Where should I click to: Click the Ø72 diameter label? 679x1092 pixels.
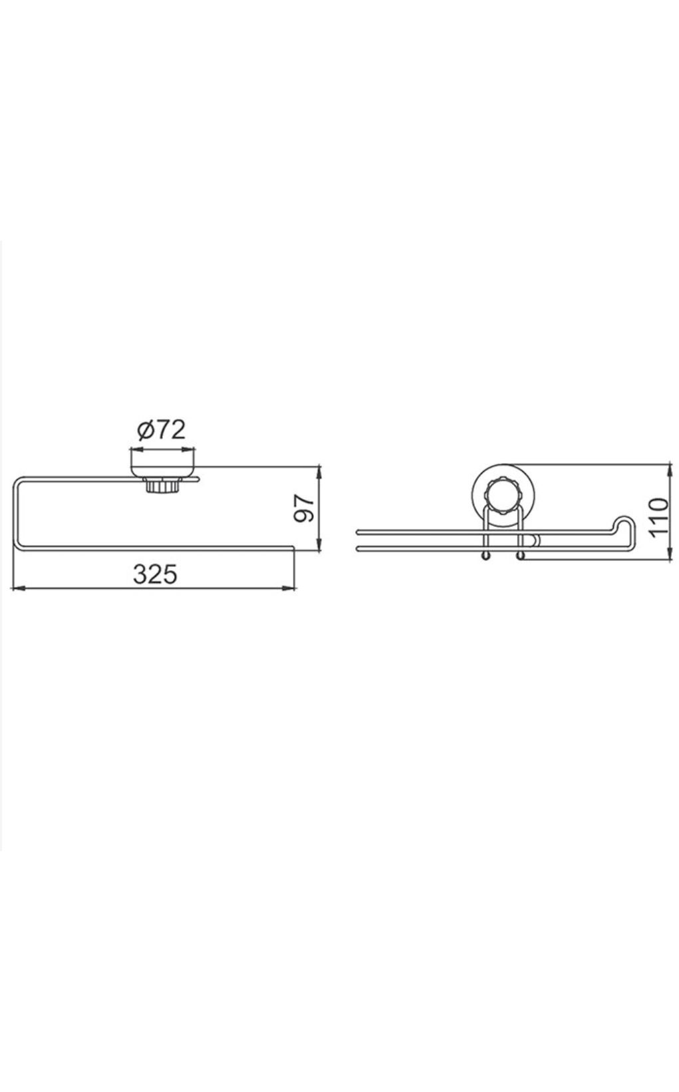[161, 429]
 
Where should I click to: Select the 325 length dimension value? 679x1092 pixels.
[156, 574]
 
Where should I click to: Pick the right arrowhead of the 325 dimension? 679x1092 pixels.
[289, 589]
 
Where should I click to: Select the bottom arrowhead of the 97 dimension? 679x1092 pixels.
[319, 545]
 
